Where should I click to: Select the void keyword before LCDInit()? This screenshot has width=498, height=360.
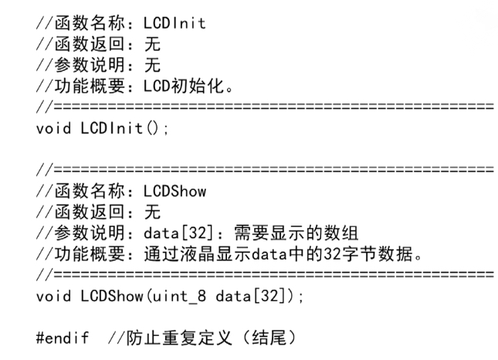pos(54,128)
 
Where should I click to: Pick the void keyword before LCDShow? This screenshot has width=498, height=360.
pos(54,295)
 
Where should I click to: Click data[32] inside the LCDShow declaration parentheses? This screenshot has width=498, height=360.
pos(254,295)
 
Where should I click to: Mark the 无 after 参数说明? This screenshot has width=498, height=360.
pos(152,66)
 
